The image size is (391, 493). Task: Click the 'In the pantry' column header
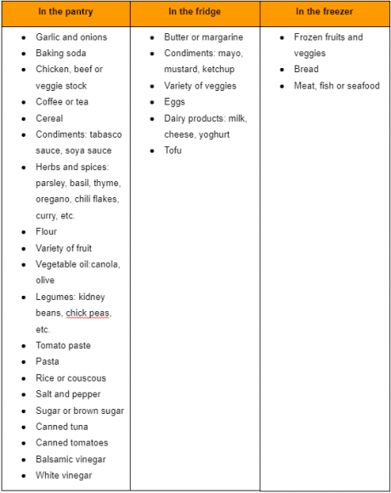65,13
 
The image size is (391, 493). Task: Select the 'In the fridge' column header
195,13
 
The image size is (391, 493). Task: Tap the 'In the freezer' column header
325,13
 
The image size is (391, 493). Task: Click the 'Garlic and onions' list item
71,37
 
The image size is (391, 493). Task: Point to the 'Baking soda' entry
60,54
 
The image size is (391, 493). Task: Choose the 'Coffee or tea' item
62,102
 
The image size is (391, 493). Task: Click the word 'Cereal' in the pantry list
49,118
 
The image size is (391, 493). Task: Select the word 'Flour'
47,232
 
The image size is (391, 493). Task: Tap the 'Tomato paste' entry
63,346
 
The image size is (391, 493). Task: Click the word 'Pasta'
48,362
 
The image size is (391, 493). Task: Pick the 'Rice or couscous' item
71,378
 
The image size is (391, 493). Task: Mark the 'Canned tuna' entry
61,427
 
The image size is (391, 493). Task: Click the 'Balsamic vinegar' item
71,460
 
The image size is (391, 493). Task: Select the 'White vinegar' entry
64,476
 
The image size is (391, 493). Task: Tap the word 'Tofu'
173,150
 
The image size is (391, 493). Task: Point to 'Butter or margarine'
203,37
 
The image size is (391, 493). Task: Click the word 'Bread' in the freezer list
306,70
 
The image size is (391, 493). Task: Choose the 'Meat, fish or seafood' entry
337,86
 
